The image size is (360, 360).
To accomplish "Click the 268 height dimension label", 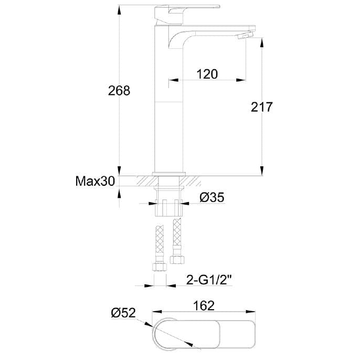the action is pyautogui.click(x=119, y=90).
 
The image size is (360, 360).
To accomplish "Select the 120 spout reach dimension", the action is pyautogui.click(x=207, y=74).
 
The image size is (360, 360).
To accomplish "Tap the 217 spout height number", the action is pyautogui.click(x=261, y=107).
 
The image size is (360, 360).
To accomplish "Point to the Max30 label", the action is pyautogui.click(x=95, y=181).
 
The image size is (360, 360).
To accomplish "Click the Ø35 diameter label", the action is pyautogui.click(x=211, y=197).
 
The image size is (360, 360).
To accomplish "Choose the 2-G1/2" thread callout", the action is pyautogui.click(x=208, y=280).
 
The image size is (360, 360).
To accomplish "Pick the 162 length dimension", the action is pyautogui.click(x=204, y=305).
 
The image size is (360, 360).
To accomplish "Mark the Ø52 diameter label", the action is pyautogui.click(x=123, y=313).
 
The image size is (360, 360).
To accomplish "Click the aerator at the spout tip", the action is pyautogui.click(x=245, y=35).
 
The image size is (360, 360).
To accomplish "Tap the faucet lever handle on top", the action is pyautogui.click(x=187, y=14).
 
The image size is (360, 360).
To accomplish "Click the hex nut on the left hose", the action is pyautogui.click(x=160, y=267).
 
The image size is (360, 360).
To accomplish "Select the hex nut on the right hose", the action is pyautogui.click(x=177, y=260).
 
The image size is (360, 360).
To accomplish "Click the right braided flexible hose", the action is pyautogui.click(x=177, y=237).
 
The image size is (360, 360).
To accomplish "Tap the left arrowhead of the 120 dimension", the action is pyautogui.click(x=174, y=80).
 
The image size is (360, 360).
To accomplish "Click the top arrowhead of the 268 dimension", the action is pyautogui.click(x=119, y=10).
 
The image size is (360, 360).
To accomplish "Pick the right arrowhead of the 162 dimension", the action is pyautogui.click(x=250, y=312).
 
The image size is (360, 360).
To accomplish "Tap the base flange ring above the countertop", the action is pyautogui.click(x=169, y=174).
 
